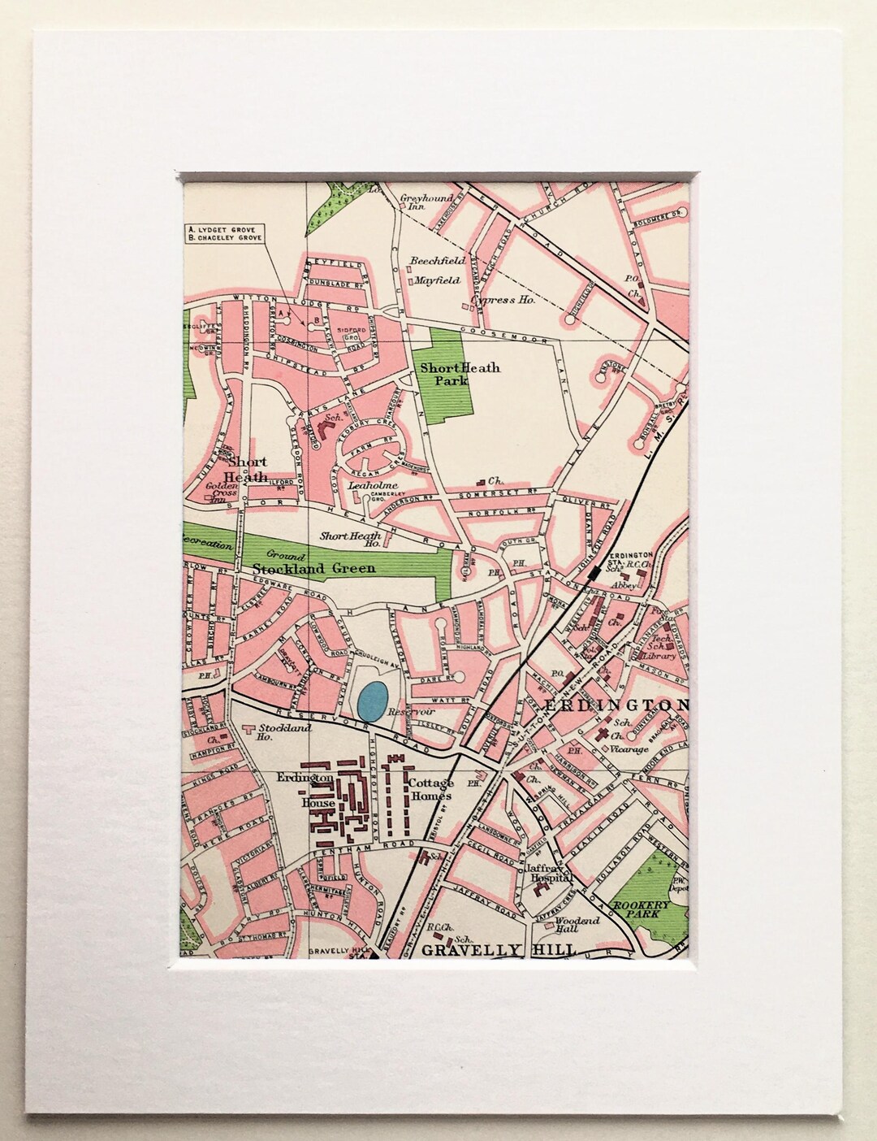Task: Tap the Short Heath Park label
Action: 459,373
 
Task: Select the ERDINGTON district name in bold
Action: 616,705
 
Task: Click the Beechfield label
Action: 437,261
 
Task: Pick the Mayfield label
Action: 437,280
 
